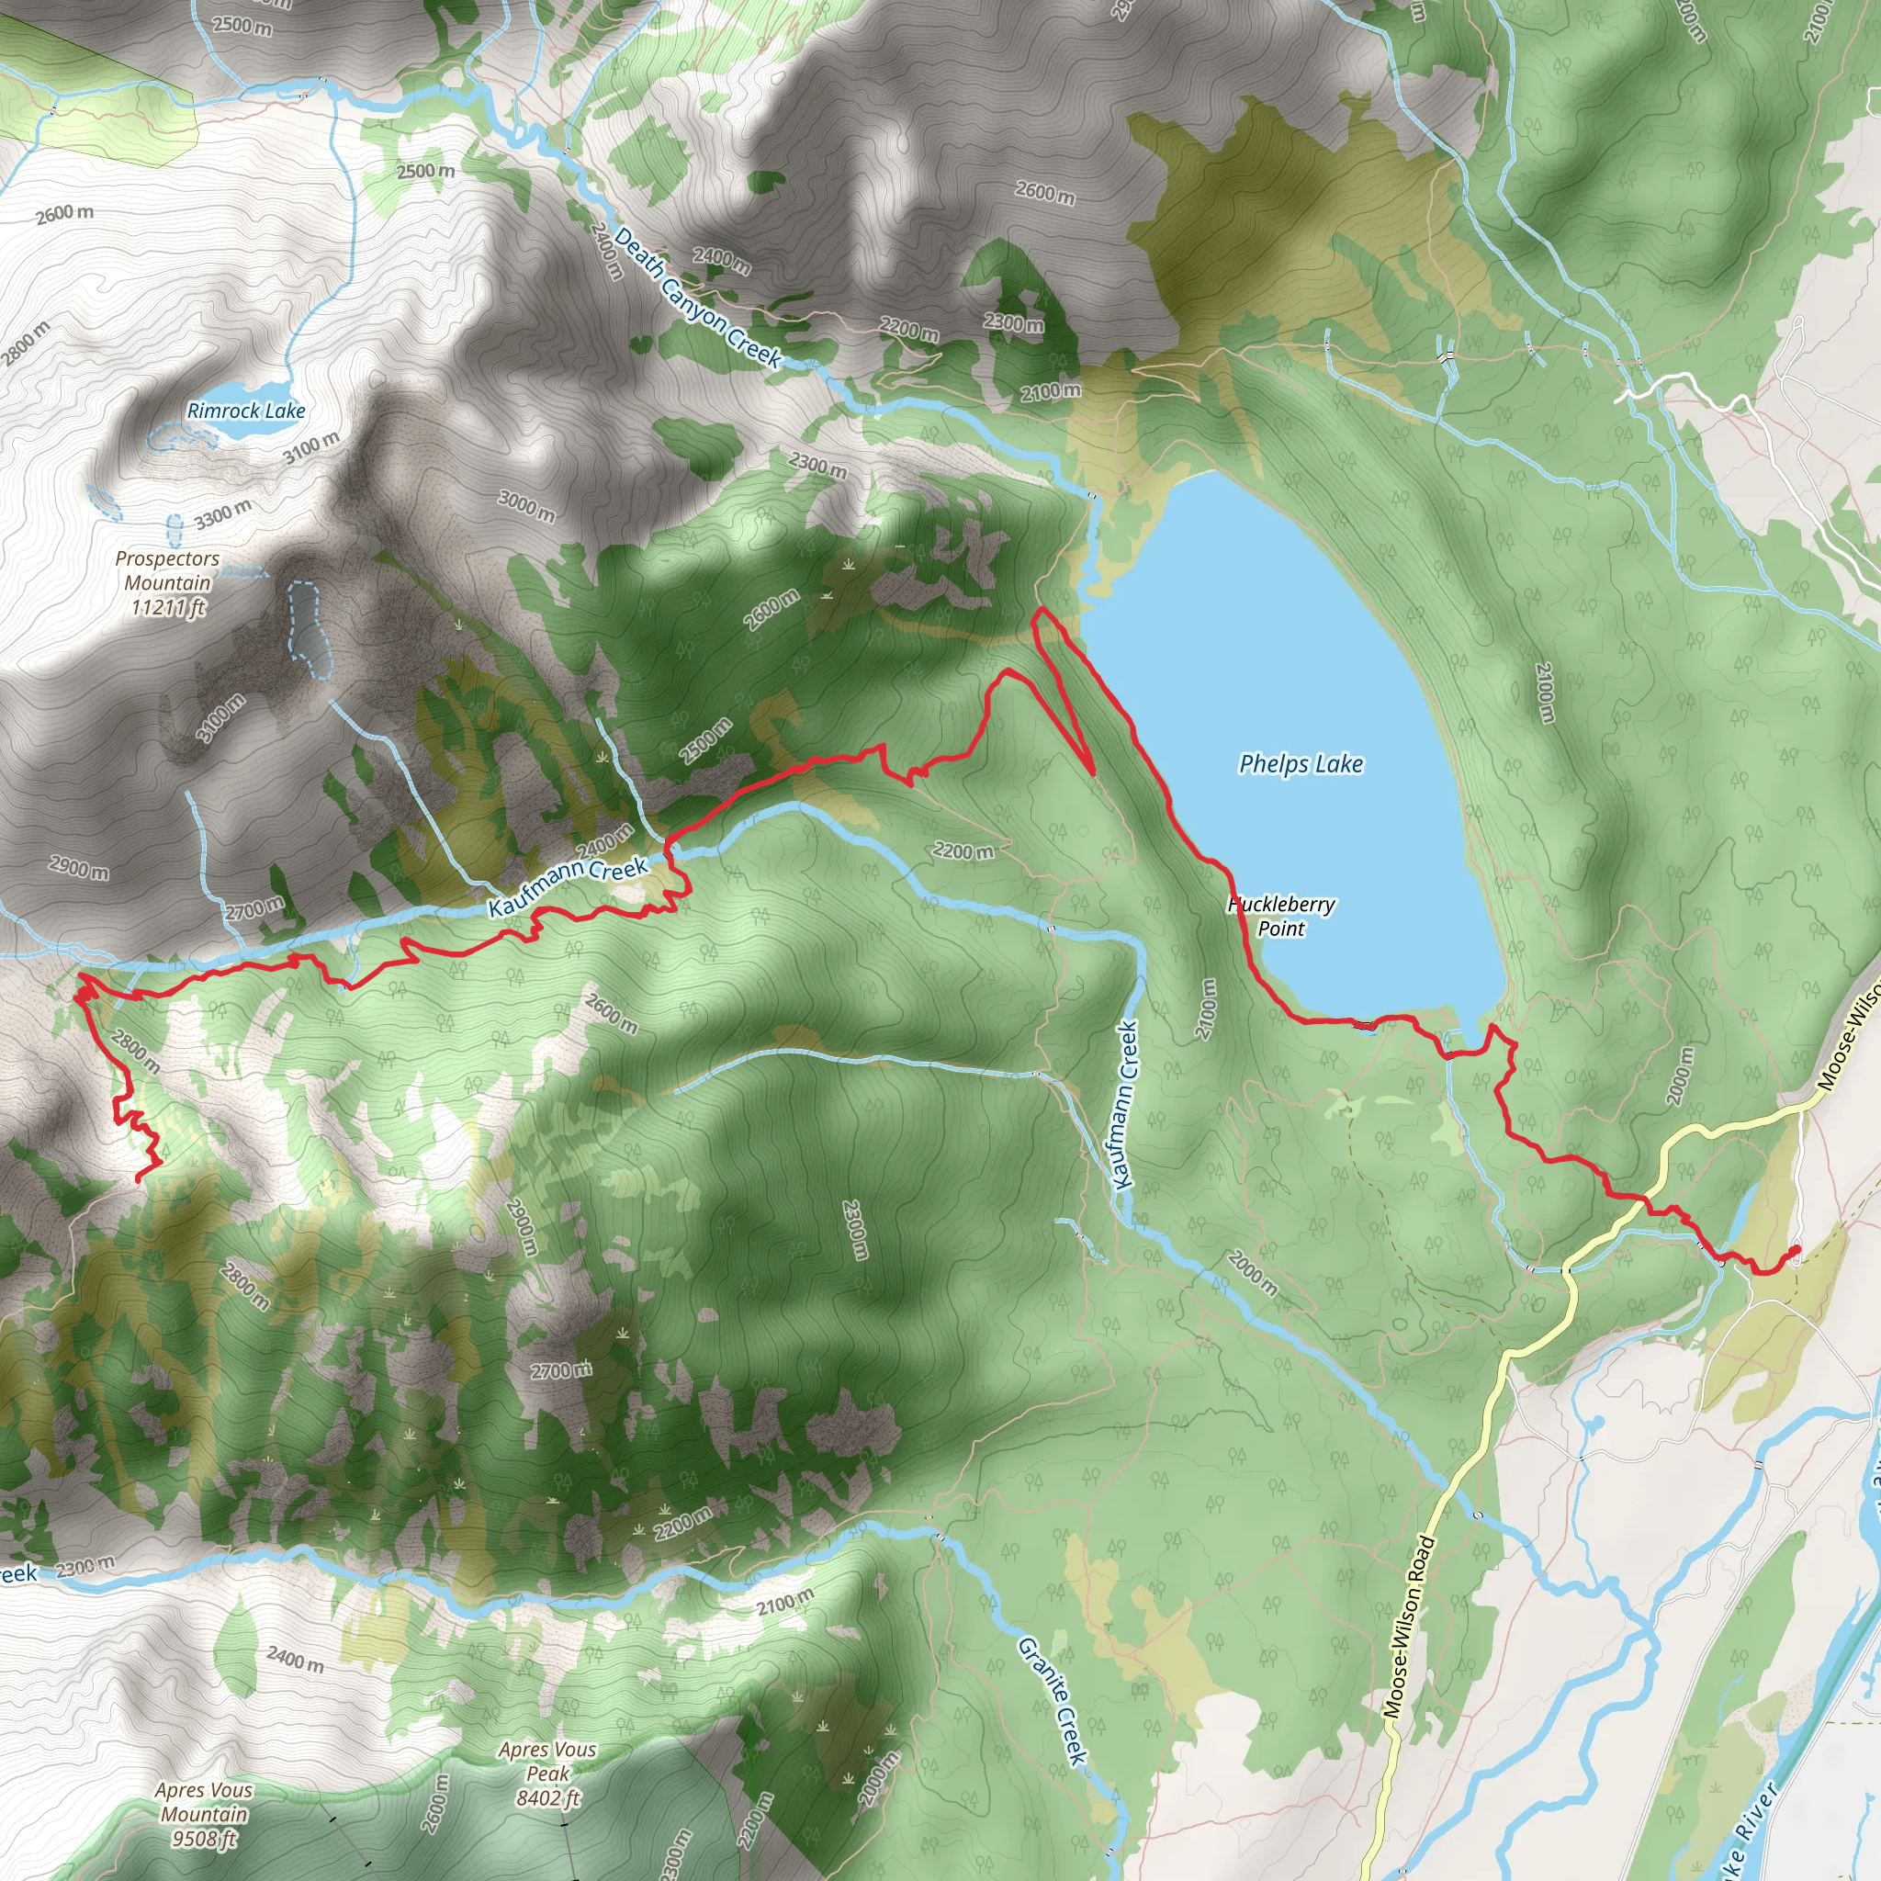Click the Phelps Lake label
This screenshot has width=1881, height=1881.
(1301, 764)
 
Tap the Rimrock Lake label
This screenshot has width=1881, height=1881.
(246, 411)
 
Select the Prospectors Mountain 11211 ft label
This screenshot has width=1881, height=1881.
(167, 582)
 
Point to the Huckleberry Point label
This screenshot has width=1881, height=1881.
(1281, 916)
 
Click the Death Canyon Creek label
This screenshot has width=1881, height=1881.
(697, 297)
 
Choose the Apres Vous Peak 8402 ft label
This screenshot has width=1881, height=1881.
(547, 1773)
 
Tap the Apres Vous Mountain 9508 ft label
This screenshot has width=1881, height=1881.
(204, 1814)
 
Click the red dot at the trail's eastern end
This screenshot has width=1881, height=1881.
(1795, 1251)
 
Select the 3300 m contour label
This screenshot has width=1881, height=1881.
(223, 514)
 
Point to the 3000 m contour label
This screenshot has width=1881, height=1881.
(526, 505)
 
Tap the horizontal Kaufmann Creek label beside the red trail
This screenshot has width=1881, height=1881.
(568, 885)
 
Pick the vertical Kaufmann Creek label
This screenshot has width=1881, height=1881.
(1125, 1105)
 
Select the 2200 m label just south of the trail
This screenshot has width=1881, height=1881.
(963, 850)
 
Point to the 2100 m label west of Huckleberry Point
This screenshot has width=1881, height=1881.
(1207, 1008)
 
